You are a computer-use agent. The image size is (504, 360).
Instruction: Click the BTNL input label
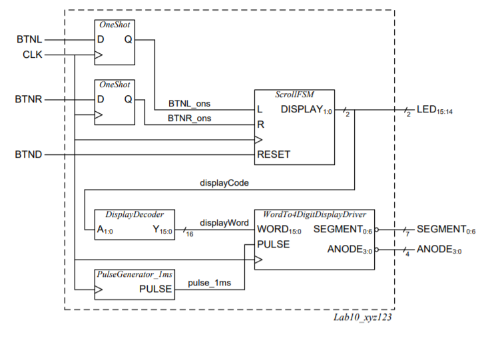[29, 40]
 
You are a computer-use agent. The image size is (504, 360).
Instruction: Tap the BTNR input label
[29, 99]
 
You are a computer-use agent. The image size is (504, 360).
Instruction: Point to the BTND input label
[29, 154]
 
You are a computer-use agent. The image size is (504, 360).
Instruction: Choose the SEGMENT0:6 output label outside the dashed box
[446, 230]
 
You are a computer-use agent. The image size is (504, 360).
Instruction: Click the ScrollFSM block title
[294, 94]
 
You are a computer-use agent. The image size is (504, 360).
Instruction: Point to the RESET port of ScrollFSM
[274, 154]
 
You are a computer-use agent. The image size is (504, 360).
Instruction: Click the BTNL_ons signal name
[189, 104]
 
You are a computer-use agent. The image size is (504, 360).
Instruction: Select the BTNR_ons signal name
[189, 118]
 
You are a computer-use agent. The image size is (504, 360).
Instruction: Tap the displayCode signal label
[222, 181]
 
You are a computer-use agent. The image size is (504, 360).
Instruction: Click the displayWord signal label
[224, 222]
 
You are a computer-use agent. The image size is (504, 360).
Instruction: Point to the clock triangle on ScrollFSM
[259, 140]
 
